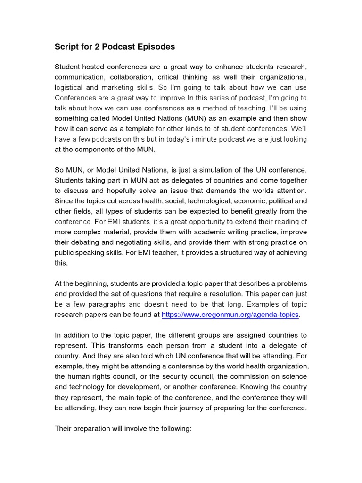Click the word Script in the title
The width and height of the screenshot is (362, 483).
click(66, 47)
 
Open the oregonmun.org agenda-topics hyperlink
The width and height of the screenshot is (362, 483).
click(230, 315)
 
